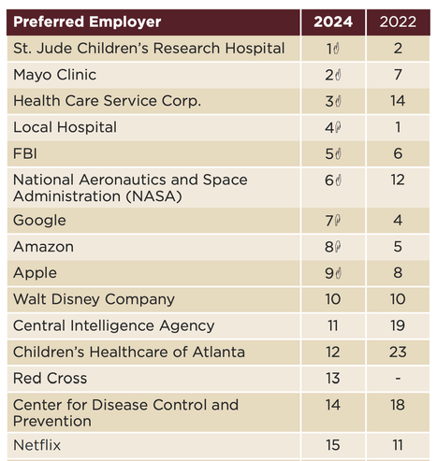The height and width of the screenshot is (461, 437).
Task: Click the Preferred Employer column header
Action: pyautogui.click(x=87, y=22)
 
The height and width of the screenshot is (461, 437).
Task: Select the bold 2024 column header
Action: pyautogui.click(x=333, y=22)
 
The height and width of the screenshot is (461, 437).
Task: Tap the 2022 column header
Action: pyautogui.click(x=398, y=22)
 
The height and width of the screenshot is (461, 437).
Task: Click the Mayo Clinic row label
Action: pyautogui.click(x=54, y=75)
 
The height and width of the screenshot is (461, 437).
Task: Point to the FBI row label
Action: pyautogui.click(x=25, y=153)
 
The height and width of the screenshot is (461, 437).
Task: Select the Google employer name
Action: pyautogui.click(x=39, y=221)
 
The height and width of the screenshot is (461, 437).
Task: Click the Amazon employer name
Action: pyautogui.click(x=43, y=247)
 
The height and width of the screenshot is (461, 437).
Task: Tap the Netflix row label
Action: pyautogui.click(x=36, y=445)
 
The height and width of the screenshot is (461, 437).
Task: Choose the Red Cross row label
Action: pyautogui.click(x=50, y=379)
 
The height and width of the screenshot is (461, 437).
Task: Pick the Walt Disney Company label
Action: pyautogui.click(x=94, y=299)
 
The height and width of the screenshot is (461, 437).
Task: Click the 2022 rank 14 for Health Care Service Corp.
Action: pyautogui.click(x=398, y=101)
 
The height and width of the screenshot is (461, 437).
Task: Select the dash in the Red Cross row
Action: pyautogui.click(x=398, y=379)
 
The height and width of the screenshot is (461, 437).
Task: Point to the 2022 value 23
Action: pyautogui.click(x=398, y=353)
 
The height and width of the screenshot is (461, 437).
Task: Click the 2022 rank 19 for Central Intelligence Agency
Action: pyautogui.click(x=398, y=325)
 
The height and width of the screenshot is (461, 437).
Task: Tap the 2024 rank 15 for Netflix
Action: pyautogui.click(x=333, y=445)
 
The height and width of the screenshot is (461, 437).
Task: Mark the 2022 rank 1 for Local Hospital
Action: pyautogui.click(x=398, y=127)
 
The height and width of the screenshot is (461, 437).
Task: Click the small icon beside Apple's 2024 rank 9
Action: pyautogui.click(x=339, y=273)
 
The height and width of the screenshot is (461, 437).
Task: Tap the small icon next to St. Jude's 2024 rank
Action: pyautogui.click(x=336, y=49)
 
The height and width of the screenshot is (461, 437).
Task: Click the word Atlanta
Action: pyautogui.click(x=219, y=353)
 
